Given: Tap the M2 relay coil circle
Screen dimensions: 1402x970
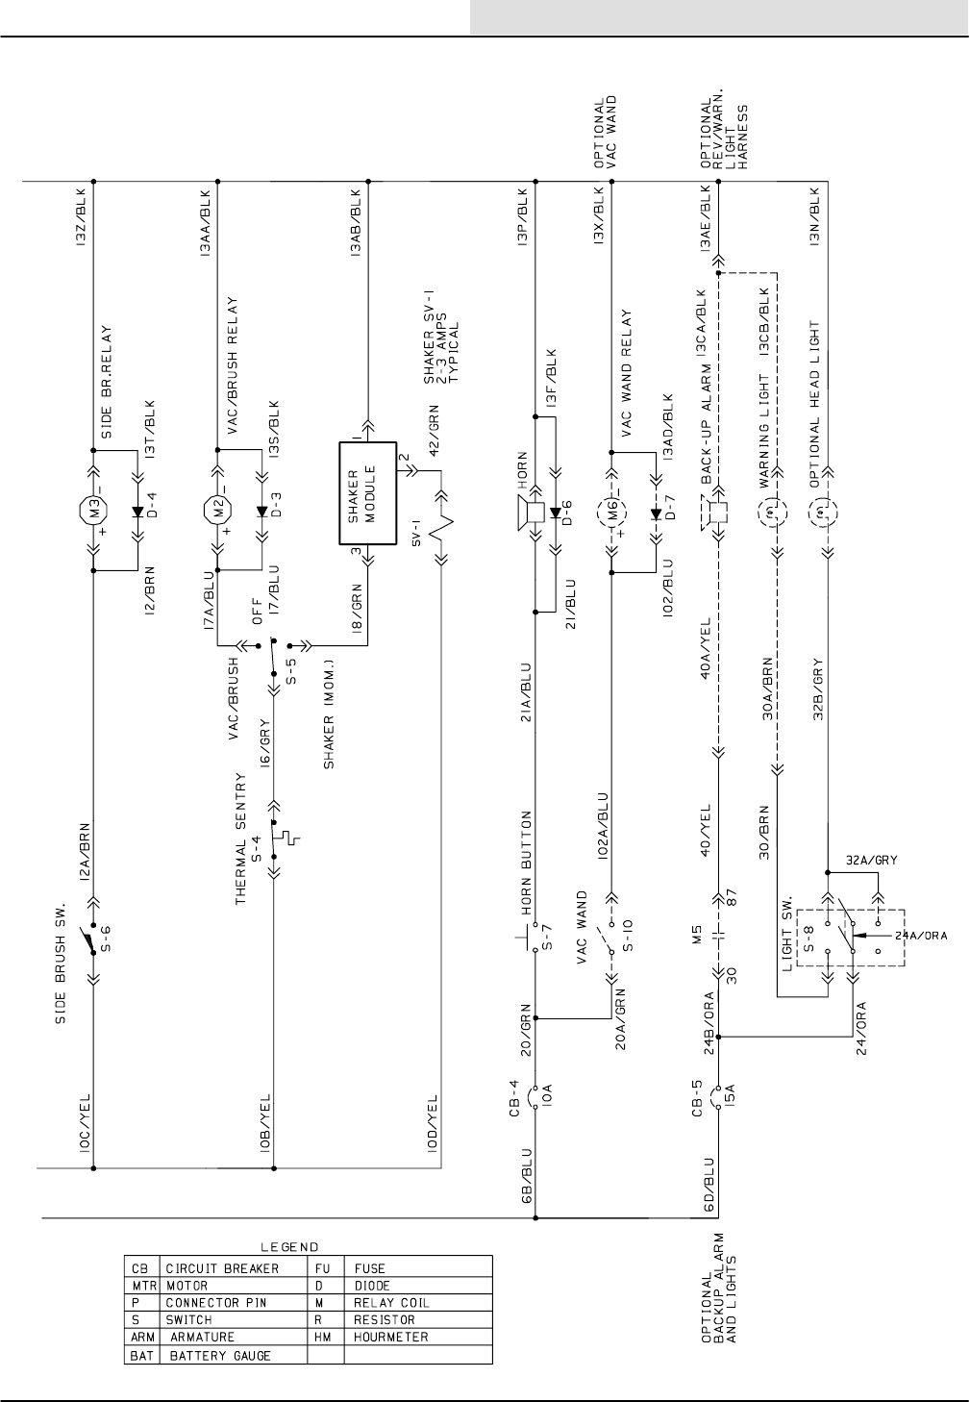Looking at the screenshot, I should pos(216,508).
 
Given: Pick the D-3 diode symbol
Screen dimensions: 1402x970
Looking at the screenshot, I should pos(261,510).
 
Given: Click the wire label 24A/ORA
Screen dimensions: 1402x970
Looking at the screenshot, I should pos(918,935).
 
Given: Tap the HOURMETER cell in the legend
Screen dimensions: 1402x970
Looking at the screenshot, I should pos(391,1338).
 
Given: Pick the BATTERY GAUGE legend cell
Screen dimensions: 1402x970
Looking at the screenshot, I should pos(220,1356).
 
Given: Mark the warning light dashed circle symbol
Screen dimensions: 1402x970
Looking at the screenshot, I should pos(775,513).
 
